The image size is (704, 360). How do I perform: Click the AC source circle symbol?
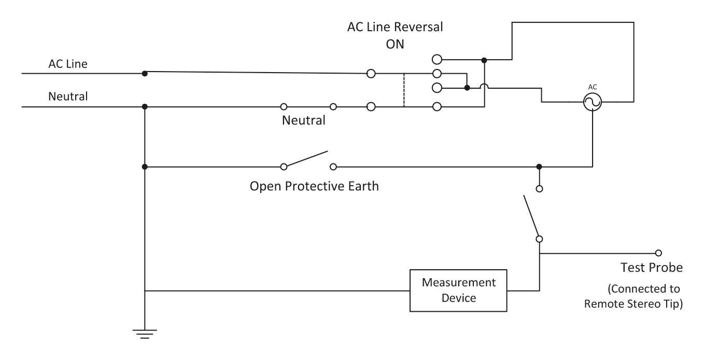(x=592, y=103)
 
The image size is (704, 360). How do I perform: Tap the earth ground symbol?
(x=145, y=334)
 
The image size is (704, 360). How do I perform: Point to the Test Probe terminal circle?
(x=658, y=253)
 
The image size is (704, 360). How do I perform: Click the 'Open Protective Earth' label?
(x=314, y=186)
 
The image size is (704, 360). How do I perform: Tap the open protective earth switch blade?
(x=307, y=159)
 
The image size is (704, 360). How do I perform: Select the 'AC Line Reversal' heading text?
(x=395, y=28)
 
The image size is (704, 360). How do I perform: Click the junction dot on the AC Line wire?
(x=145, y=73)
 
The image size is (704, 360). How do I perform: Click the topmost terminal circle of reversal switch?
(x=437, y=59)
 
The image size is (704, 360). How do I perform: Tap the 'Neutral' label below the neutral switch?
(x=304, y=121)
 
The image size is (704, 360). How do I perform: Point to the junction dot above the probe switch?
(x=539, y=167)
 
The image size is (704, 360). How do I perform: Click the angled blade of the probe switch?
(x=531, y=217)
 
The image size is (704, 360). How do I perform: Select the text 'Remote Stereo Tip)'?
(x=633, y=304)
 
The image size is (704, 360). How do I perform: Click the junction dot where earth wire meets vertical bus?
(x=145, y=167)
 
